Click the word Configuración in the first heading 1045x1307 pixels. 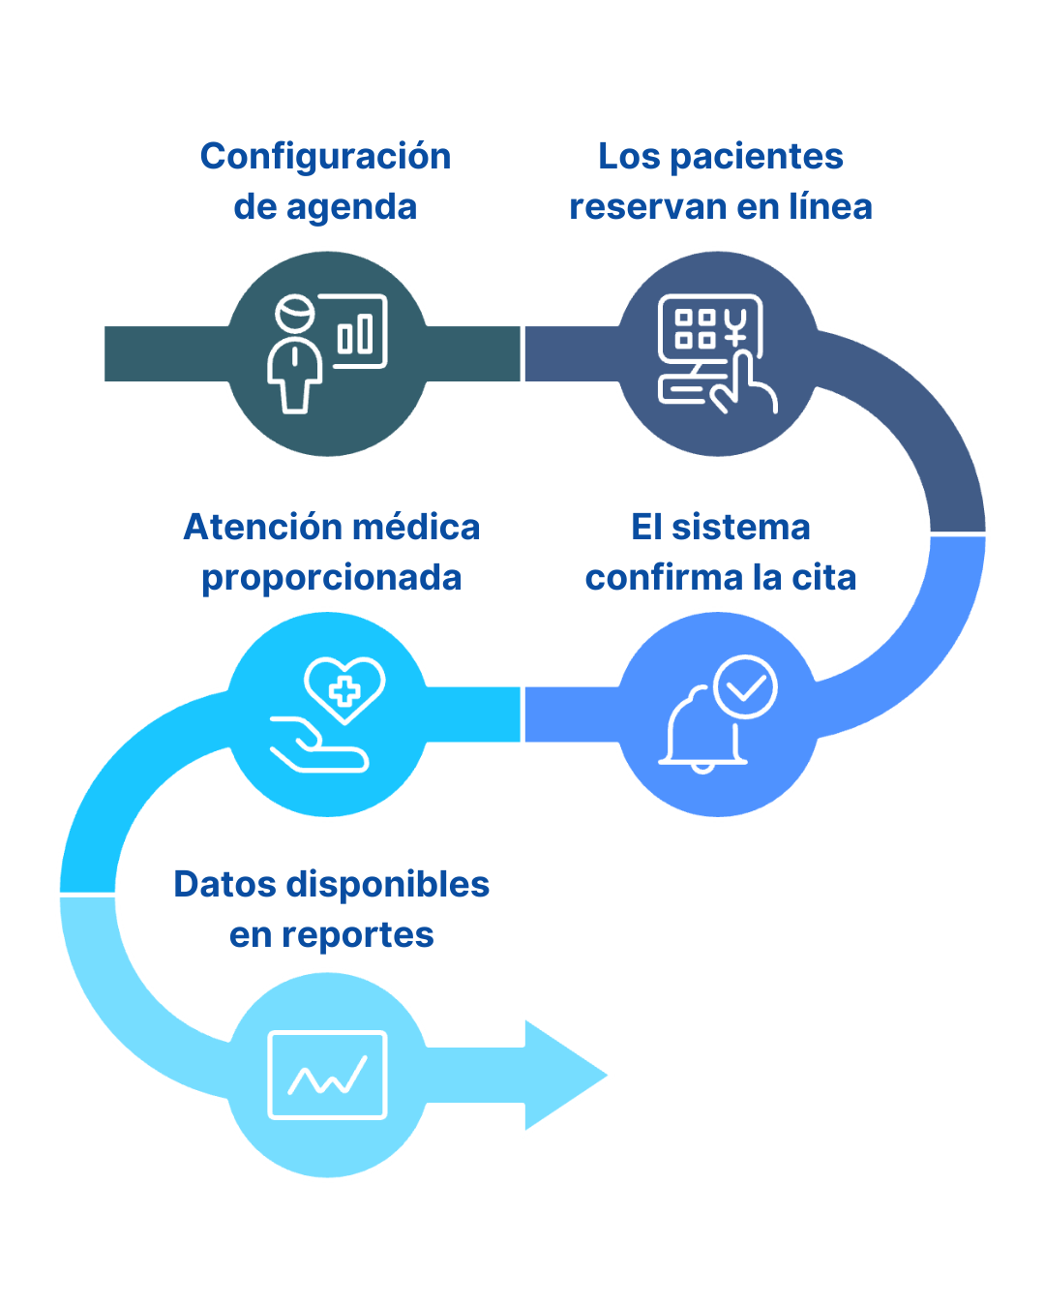coord(325,157)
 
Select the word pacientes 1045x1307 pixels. coord(769,157)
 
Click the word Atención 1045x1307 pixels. coord(251,528)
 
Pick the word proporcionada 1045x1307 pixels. coord(332,578)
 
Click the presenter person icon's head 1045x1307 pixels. coord(294,316)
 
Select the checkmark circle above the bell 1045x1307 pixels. coord(745,687)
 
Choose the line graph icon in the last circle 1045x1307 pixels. coord(327,1076)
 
